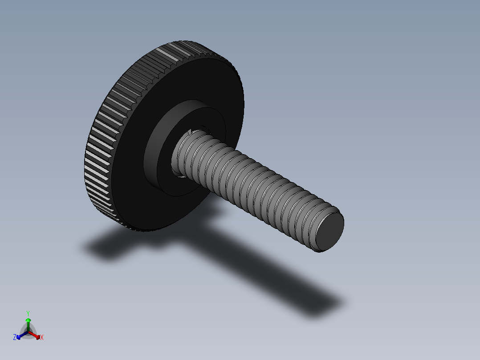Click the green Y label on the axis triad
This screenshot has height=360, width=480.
click(28, 313)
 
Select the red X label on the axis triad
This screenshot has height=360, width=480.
click(42, 338)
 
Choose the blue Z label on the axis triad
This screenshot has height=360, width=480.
click(15, 338)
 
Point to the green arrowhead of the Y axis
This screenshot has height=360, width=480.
click(28, 320)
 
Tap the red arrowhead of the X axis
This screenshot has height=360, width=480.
click(37, 336)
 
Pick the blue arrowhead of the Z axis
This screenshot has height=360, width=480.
click(19, 336)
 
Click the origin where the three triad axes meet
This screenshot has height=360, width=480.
click(28, 331)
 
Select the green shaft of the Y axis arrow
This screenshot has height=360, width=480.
click(28, 326)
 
